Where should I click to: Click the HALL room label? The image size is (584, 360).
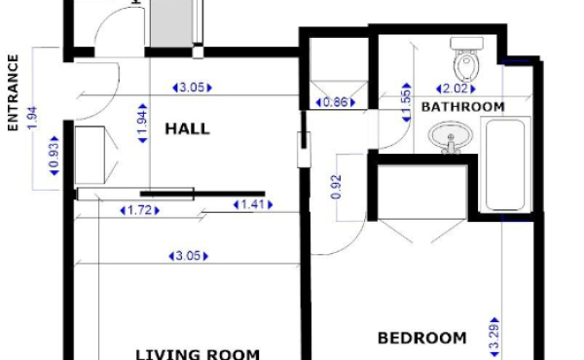[187, 128]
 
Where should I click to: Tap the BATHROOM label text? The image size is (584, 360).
[463, 107]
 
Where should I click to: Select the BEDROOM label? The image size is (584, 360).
[422, 338]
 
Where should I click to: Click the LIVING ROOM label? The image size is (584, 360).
[198, 354]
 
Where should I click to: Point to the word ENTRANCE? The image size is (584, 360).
[13, 92]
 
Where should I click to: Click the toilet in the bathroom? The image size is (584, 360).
[466, 58]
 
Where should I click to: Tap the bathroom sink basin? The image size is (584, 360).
[451, 136]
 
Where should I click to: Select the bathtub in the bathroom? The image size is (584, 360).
[505, 164]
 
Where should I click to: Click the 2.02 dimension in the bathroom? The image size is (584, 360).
[456, 89]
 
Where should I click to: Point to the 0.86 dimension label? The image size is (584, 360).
[336, 102]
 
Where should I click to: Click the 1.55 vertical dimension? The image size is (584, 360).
[407, 102]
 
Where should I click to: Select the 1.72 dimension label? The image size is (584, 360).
[139, 210]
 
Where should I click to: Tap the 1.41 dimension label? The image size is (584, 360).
[253, 204]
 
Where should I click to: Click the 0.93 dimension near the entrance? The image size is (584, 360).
[55, 156]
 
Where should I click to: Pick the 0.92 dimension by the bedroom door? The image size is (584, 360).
[336, 187]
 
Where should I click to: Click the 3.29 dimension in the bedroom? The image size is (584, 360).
[493, 338]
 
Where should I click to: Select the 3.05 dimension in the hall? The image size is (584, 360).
[192, 88]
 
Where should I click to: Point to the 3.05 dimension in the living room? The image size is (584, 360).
[188, 256]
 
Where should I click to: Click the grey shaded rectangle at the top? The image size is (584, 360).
[171, 23]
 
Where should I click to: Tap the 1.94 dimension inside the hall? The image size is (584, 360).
[142, 124]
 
